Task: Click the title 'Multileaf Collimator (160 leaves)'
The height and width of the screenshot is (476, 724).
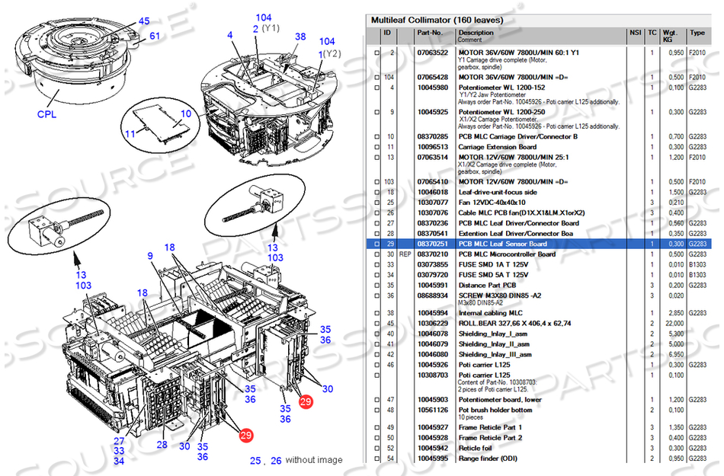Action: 437,19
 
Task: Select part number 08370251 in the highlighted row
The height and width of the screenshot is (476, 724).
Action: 432,244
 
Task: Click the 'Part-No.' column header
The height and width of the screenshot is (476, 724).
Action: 429,33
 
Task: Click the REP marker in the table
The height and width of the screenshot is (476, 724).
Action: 405,254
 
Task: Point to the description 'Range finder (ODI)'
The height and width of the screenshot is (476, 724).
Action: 488,458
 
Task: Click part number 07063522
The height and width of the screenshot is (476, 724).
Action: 432,53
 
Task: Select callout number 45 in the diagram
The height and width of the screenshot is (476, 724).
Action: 144,21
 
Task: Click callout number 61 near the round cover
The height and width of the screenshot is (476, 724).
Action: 155,36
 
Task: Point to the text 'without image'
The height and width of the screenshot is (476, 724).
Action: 314,460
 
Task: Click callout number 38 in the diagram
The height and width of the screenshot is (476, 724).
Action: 300,37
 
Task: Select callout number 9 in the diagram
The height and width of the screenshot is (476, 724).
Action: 151,257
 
